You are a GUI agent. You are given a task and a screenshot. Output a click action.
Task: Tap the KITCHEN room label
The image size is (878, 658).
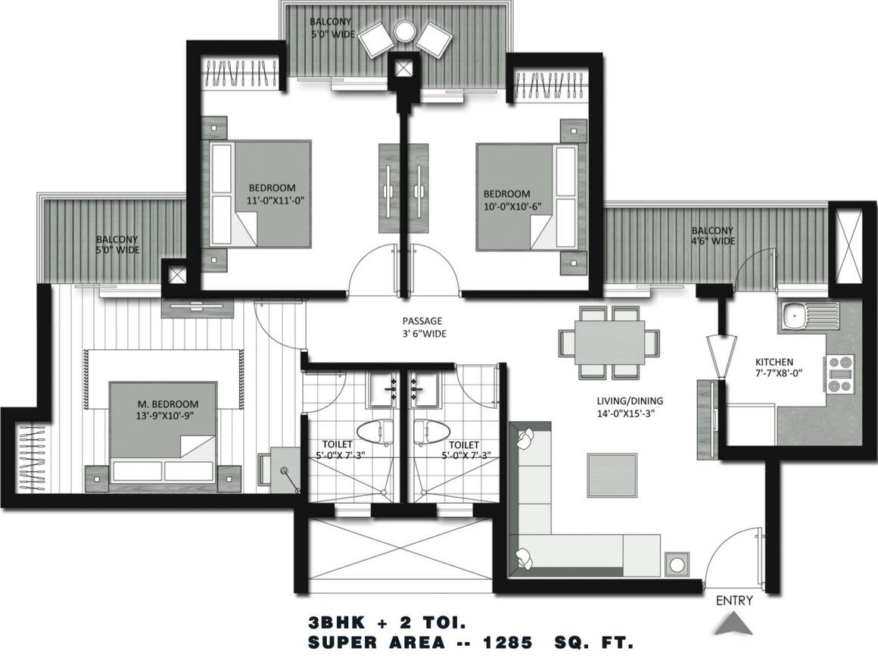[x=774, y=362]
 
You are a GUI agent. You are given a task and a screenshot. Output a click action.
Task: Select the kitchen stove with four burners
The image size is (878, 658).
[x=839, y=373]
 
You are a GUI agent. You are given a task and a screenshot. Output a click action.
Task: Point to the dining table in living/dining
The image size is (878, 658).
[x=609, y=341]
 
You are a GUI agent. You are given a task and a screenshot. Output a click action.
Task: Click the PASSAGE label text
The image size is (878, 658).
[x=422, y=321]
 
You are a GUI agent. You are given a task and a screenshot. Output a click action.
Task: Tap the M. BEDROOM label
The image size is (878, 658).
[x=168, y=404]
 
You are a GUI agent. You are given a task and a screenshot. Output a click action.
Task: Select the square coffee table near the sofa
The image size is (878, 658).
[x=612, y=476]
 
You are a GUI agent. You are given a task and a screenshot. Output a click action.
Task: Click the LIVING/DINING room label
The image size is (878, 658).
[x=630, y=401]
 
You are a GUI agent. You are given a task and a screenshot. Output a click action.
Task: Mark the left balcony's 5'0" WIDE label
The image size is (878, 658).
[x=117, y=250]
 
